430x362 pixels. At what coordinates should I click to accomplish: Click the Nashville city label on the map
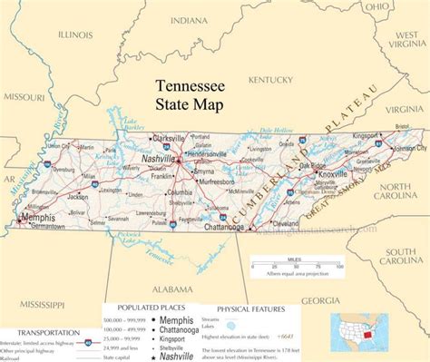(x=160, y=158)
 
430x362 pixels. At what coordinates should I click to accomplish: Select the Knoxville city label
(x=333, y=173)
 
